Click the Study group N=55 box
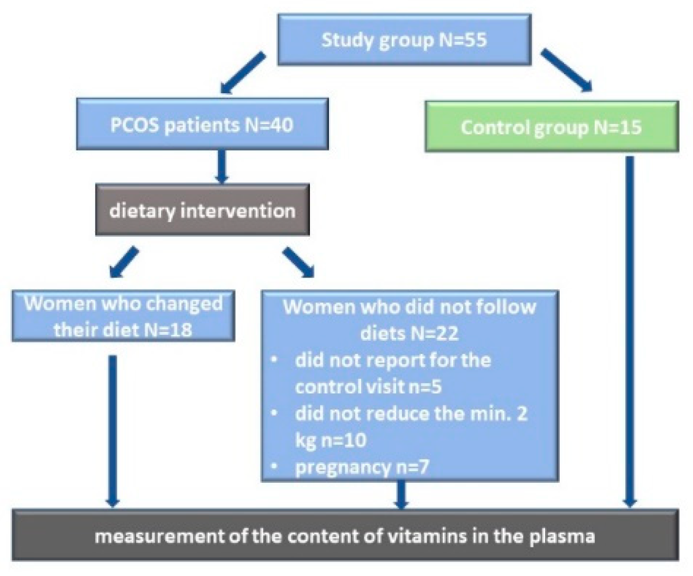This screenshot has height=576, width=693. tap(404, 40)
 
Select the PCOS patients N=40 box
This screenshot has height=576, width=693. tap(202, 124)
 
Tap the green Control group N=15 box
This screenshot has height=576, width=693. tap(551, 127)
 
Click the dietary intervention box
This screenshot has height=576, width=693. tap(202, 210)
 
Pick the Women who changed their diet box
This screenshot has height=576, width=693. tap(123, 316)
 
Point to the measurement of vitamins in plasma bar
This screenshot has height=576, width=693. tap(345, 535)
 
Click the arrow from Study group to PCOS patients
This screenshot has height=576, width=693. tap(242, 73)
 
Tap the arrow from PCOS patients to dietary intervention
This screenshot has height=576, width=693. tap(221, 166)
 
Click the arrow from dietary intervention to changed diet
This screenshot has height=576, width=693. tap(124, 262)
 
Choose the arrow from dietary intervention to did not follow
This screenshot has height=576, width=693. tap(299, 262)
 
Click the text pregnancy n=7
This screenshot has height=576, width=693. tap(362, 467)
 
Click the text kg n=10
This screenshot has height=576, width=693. tap(331, 439)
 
